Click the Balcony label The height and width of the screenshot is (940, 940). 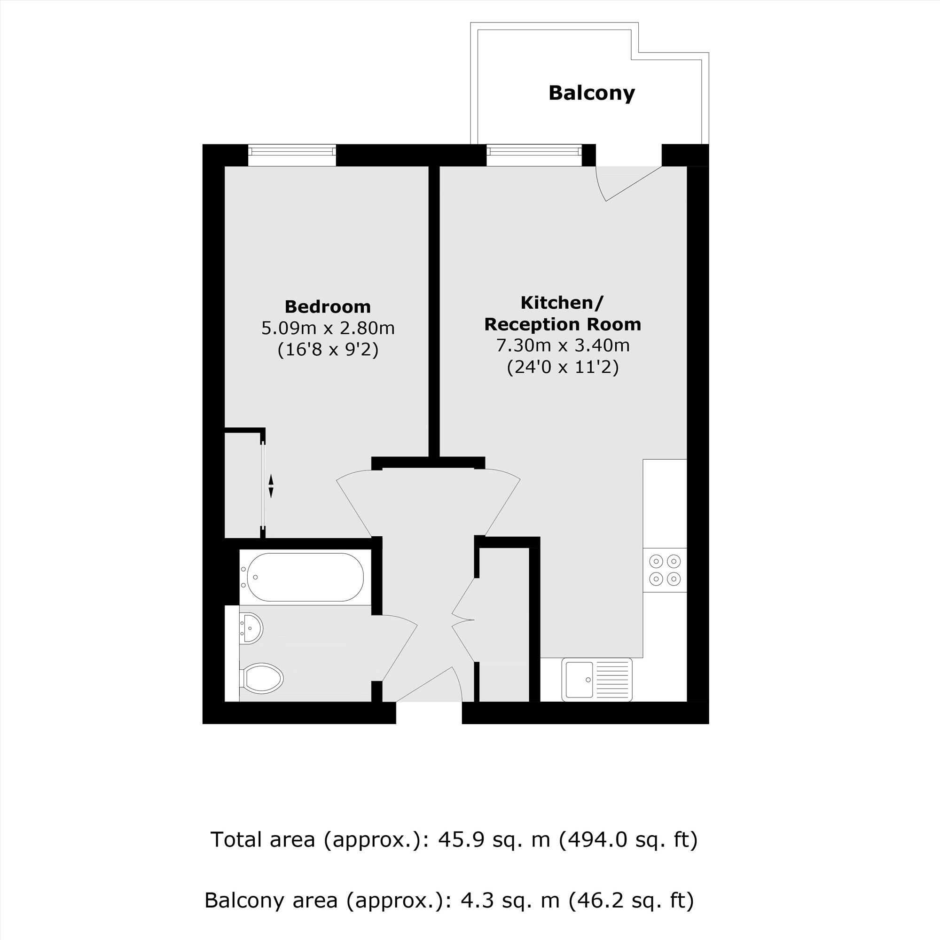592,93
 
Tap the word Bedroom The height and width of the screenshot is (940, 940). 328,307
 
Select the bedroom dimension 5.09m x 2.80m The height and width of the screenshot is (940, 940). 328,329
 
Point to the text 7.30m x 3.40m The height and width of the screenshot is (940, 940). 563,345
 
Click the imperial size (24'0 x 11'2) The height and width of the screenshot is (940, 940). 563,367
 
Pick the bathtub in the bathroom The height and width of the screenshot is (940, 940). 305,577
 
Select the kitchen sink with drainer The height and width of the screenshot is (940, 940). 596,680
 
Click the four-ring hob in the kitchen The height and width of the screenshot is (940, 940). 665,570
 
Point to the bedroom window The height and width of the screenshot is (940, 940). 292,150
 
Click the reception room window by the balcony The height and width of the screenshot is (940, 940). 534,150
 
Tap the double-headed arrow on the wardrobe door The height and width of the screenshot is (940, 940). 271,486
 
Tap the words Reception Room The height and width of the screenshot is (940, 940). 563,324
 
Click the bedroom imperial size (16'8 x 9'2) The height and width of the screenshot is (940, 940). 328,349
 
